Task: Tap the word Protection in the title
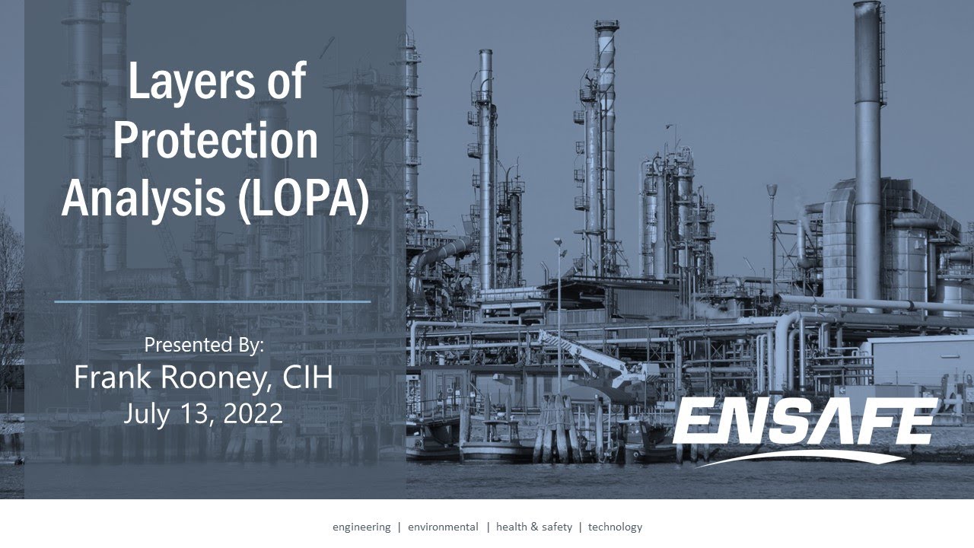215,140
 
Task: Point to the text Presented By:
204,345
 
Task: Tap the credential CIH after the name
308,378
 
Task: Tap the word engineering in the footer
361,527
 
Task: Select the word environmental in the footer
443,527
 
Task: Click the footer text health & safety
534,527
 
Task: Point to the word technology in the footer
615,527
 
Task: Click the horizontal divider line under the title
212,301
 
